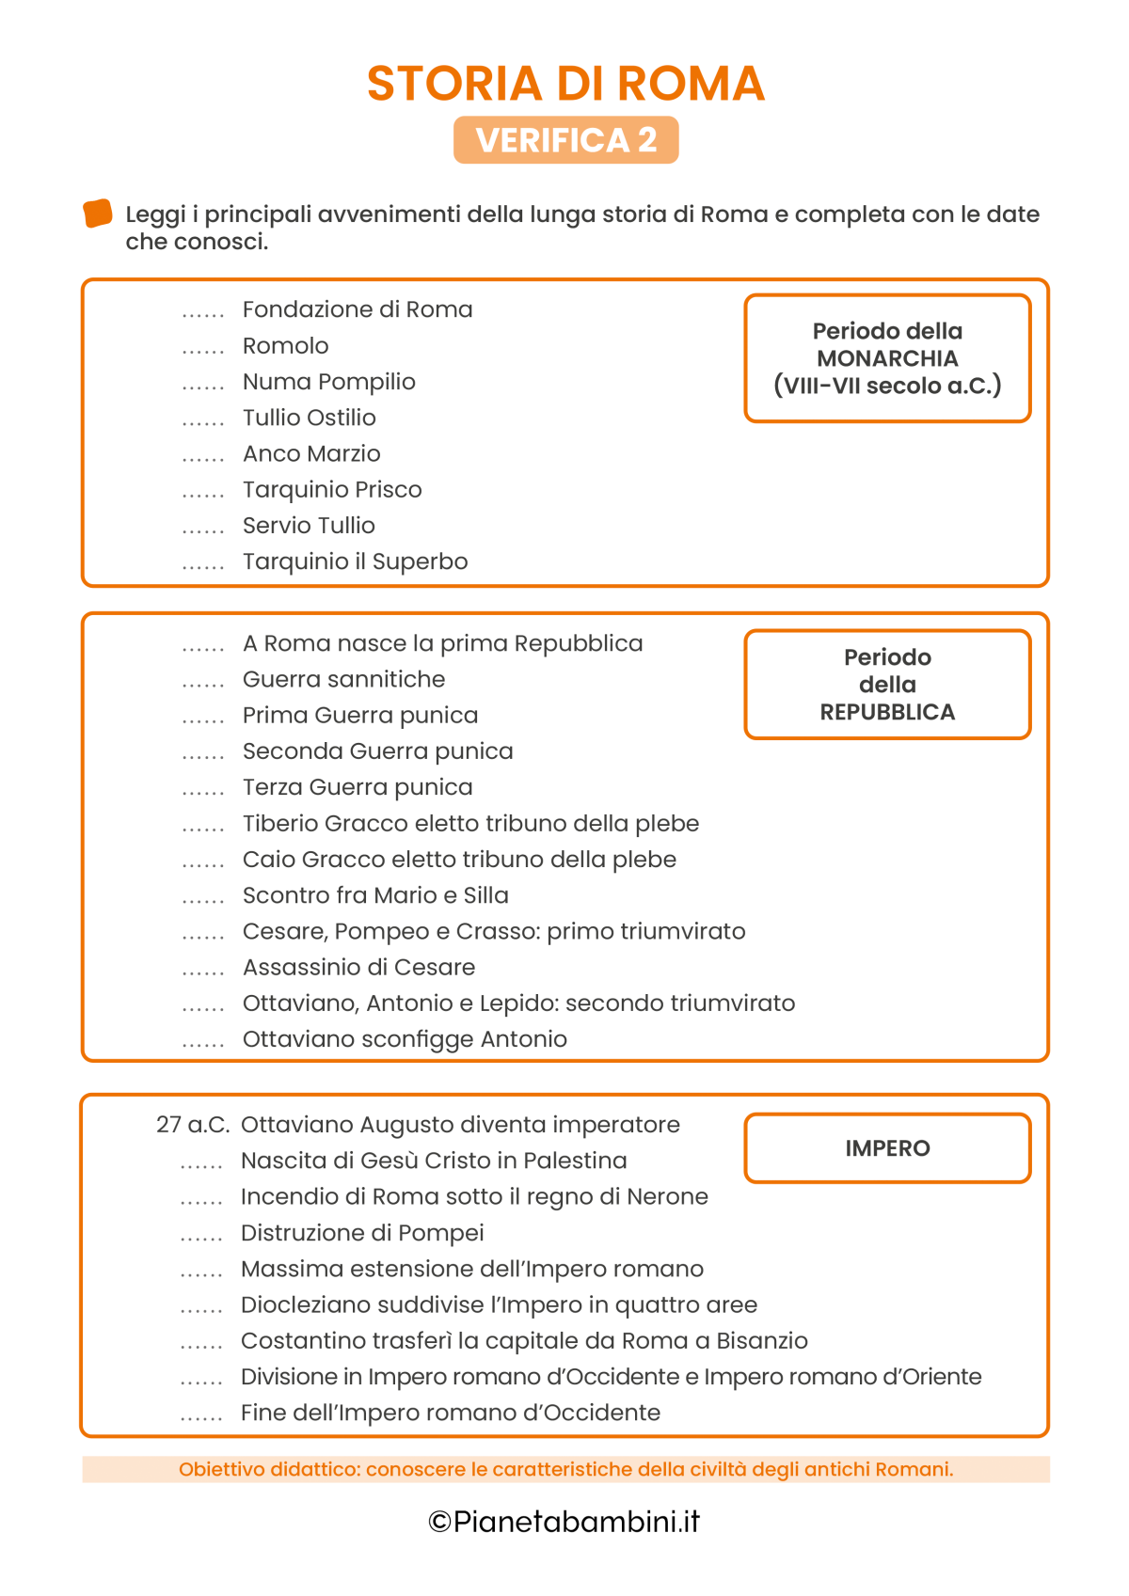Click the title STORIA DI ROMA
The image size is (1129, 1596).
565,84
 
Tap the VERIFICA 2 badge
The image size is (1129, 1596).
565,140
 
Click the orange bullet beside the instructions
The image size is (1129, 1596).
98,213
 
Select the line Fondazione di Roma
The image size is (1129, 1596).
358,309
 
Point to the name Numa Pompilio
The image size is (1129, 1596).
328,382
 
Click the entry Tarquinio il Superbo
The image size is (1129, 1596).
355,561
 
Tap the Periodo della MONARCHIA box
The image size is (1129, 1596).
887,358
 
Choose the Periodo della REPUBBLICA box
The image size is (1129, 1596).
887,685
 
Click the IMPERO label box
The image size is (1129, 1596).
887,1148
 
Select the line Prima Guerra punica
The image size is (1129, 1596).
360,716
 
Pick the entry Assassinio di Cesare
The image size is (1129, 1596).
358,968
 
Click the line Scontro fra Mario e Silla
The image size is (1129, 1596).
375,895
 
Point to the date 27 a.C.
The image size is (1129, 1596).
193,1125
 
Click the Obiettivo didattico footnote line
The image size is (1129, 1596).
565,1469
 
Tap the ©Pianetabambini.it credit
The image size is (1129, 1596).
564,1522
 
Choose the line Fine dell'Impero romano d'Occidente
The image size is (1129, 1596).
450,1413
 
